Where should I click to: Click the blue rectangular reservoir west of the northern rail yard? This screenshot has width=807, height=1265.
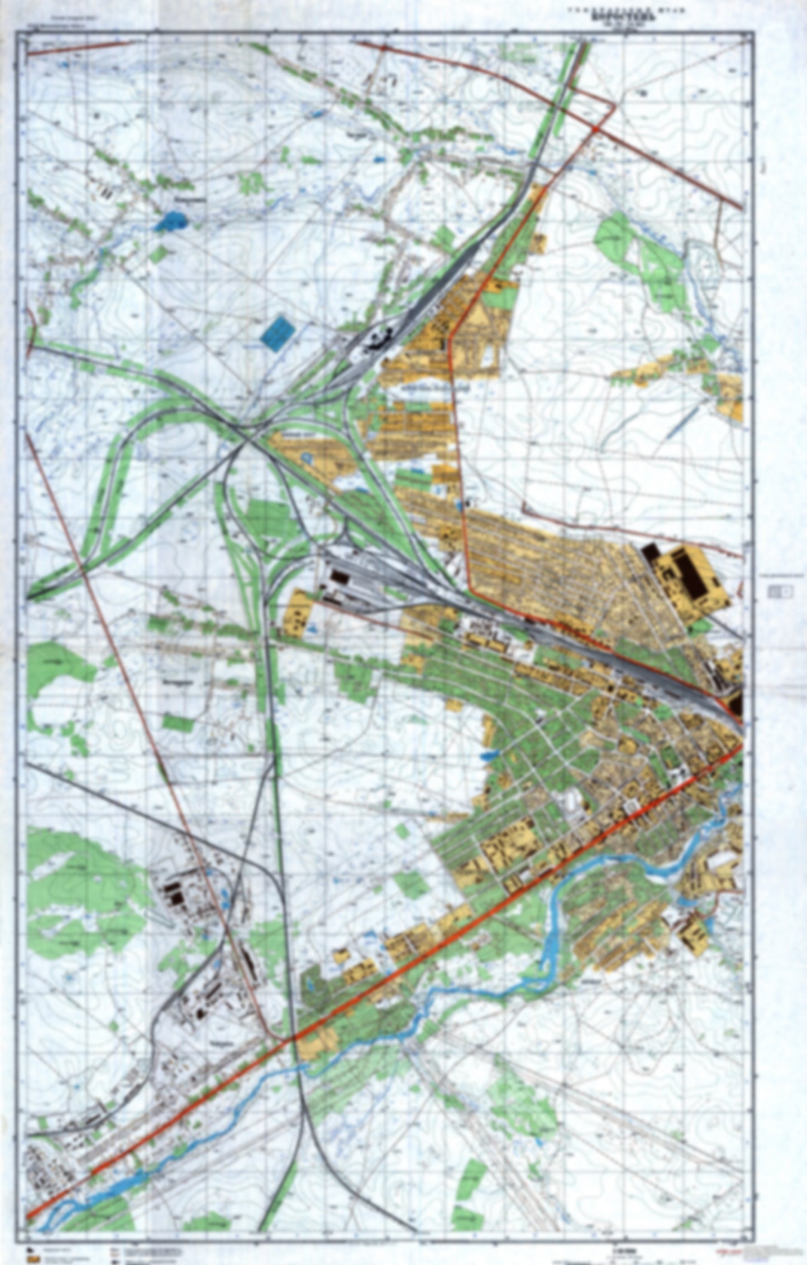click(278, 333)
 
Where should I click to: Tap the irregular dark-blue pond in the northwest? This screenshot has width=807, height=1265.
click(172, 222)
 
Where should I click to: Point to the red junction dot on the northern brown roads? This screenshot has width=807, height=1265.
click(596, 129)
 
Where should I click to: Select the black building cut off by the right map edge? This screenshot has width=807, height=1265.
click(736, 704)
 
